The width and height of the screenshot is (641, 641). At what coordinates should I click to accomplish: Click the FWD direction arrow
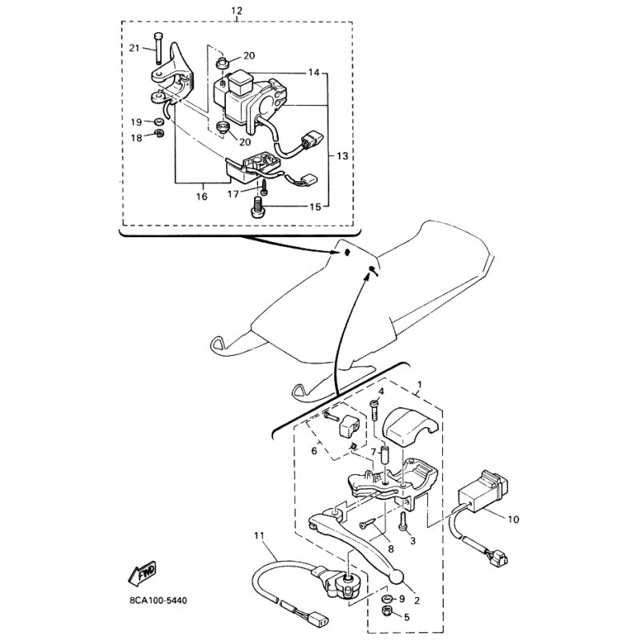143,573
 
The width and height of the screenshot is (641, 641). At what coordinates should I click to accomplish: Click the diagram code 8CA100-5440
158,600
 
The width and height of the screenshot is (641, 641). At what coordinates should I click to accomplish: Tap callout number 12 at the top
236,10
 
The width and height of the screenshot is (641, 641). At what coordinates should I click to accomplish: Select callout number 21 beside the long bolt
134,48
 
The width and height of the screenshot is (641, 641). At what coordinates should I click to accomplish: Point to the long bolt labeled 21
158,48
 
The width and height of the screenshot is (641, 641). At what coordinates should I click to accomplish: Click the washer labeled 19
159,122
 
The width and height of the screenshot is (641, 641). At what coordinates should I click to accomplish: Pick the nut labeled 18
159,133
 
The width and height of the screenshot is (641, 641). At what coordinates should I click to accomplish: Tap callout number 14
313,73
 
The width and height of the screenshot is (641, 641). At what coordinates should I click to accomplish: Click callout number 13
343,156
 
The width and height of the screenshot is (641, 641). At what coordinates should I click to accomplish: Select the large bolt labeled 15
257,208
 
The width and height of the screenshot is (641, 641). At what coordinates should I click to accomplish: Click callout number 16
202,196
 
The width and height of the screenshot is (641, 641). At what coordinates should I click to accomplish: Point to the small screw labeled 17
264,187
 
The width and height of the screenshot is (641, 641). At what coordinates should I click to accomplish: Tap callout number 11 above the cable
259,535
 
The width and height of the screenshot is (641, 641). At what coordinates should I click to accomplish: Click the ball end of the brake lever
396,576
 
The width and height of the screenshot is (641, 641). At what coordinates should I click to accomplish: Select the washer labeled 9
387,599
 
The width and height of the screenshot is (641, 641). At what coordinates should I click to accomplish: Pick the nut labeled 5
387,611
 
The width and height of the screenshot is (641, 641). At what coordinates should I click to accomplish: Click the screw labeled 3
403,522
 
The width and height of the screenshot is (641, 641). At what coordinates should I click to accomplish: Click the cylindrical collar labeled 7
385,455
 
